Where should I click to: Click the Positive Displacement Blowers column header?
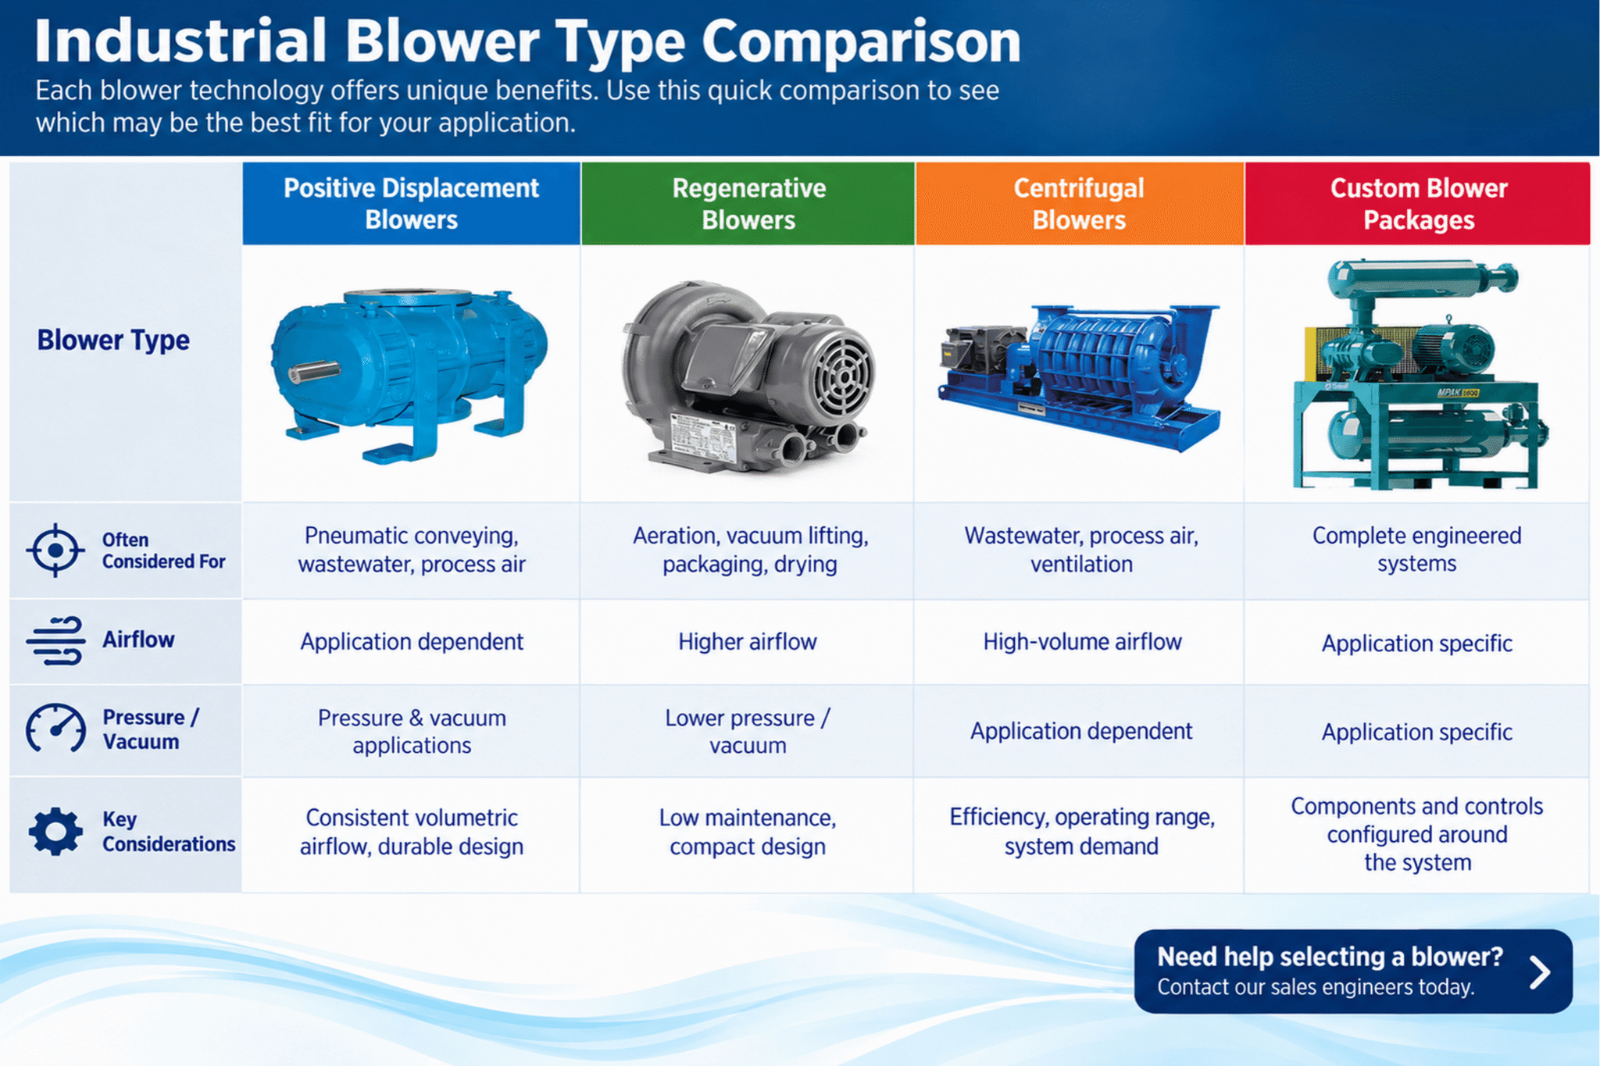click(x=411, y=203)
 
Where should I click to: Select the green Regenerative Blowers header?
click(x=748, y=203)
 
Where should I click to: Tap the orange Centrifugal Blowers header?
click(x=1079, y=203)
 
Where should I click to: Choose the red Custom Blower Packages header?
click(x=1418, y=203)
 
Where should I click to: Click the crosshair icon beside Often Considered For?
click(x=55, y=551)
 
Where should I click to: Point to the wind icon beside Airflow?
click(x=55, y=640)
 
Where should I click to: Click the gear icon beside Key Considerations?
click(x=55, y=832)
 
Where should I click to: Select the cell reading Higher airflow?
click(x=748, y=642)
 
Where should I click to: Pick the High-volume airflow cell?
click(x=1082, y=642)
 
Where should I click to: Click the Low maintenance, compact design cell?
click(x=748, y=832)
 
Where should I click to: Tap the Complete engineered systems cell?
click(x=1417, y=550)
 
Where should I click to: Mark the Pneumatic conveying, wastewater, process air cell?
click(x=412, y=550)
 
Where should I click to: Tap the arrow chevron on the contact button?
click(x=1539, y=972)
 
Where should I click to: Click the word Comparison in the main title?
click(x=861, y=41)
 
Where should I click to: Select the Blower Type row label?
click(x=113, y=340)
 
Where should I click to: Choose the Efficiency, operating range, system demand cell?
click(x=1082, y=832)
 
